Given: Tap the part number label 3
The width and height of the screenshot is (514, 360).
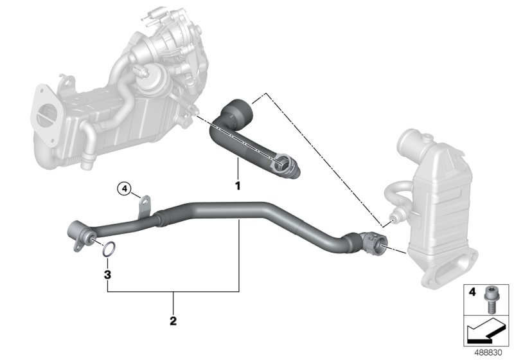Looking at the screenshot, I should [109, 274].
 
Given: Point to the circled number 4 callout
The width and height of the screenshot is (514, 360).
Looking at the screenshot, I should [124, 189].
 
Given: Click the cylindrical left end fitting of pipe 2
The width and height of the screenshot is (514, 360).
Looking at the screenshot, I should [76, 230].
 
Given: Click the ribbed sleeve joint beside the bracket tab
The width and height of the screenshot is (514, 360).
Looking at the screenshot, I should [159, 218].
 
